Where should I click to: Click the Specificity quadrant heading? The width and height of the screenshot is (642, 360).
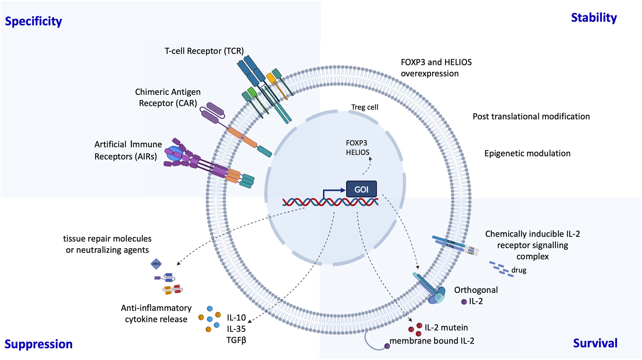[33, 21]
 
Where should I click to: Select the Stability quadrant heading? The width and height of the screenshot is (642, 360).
[594, 18]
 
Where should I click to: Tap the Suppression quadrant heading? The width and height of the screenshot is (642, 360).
[38, 344]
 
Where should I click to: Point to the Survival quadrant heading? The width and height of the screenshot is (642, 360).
[595, 343]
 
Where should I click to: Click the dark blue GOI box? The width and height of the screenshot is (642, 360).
[361, 189]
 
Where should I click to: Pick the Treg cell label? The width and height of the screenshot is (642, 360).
[364, 107]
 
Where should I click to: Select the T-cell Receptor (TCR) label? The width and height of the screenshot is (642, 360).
[204, 51]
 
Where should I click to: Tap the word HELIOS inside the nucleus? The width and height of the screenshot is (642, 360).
[358, 152]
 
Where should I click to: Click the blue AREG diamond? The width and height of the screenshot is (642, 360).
[156, 264]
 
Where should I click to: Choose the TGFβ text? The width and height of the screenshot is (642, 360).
[236, 340]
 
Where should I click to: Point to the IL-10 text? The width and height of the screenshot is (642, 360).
[236, 318]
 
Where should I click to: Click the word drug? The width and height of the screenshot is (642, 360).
[519, 270]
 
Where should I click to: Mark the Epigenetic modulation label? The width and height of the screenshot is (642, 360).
[527, 154]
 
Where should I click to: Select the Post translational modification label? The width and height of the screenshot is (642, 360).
[531, 117]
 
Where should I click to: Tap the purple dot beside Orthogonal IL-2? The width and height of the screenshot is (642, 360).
[464, 302]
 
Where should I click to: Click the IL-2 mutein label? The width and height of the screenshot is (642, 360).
[446, 328]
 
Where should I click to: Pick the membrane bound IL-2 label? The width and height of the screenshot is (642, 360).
[432, 341]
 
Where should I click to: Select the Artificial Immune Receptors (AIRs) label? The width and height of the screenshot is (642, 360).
[128, 150]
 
